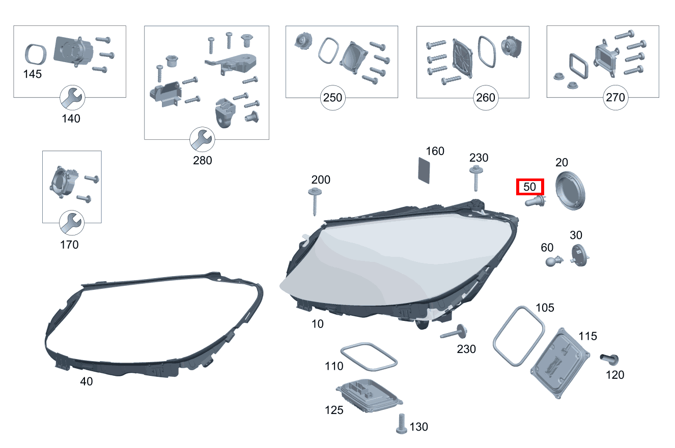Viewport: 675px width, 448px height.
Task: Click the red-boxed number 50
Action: point(530,187)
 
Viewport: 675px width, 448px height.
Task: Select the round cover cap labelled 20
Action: point(570,190)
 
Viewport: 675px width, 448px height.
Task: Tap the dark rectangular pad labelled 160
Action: point(424,170)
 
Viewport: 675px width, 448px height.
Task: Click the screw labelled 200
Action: point(315,201)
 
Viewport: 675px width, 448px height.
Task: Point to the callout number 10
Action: point(317,324)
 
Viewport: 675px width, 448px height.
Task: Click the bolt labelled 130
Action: point(401,424)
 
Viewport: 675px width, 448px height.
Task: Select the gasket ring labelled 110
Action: point(369,357)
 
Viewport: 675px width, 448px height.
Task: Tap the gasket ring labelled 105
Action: point(519,336)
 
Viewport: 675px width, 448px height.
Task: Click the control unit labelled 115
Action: point(559,364)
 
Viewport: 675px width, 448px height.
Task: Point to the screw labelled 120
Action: point(609,359)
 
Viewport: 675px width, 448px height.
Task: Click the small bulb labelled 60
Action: point(554,261)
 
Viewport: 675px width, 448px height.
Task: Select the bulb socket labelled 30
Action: point(579,255)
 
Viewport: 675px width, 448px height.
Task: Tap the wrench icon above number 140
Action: point(72,98)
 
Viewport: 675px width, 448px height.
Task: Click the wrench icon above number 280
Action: point(202,139)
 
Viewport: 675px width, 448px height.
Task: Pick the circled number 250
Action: point(333,98)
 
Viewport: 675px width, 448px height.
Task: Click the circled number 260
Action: point(486,98)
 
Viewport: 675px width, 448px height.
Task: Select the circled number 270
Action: point(615,97)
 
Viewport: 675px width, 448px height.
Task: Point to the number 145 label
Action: point(33,74)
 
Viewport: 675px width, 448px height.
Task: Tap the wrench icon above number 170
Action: point(72,223)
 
